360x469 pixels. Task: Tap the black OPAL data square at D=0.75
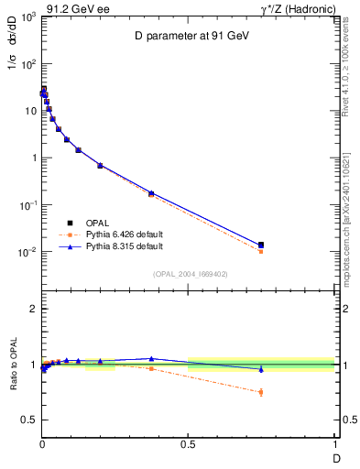click(x=261, y=245)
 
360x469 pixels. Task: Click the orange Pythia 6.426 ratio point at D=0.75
click(x=261, y=392)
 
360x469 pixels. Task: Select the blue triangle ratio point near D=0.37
click(x=151, y=358)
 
